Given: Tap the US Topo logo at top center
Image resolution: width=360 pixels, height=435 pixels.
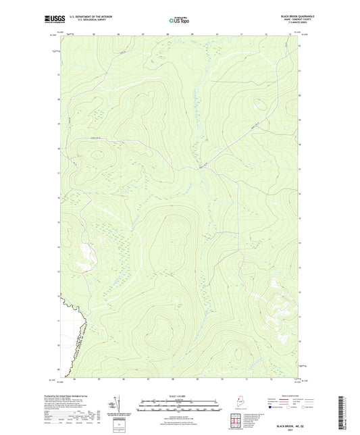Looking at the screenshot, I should pyautogui.click(x=179, y=20).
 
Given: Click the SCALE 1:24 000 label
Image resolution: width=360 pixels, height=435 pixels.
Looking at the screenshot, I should pyautogui.click(x=179, y=396).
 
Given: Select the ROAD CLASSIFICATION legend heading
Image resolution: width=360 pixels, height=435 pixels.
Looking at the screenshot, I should pyautogui.click(x=292, y=397).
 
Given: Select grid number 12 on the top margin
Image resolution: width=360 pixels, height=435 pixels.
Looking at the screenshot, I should pyautogui.click(x=269, y=33).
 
